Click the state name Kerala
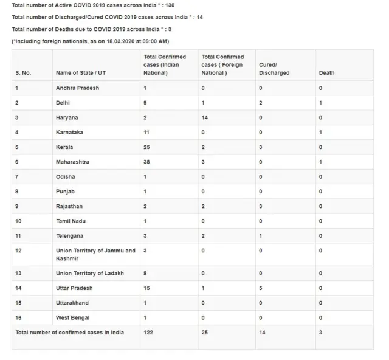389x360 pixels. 64,147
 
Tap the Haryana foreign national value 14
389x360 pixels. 205,117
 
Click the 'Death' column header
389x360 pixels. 326,73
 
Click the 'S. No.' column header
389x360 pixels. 23,73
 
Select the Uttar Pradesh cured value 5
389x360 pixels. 260,288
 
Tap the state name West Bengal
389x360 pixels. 71,317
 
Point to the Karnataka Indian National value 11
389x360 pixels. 146,131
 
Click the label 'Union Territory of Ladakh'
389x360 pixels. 89,274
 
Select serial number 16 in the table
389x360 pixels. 19,317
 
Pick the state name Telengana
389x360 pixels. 69,235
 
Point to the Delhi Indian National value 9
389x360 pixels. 145,102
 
